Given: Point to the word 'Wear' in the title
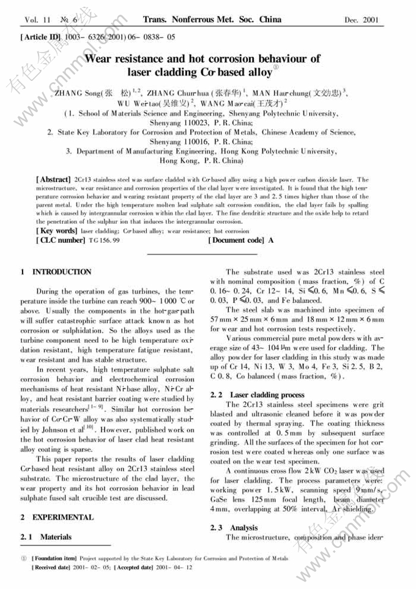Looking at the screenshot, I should click(x=102, y=59).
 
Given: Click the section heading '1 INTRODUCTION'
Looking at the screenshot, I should click(x=56, y=272).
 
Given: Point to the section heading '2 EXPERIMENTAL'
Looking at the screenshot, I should click(x=57, y=517).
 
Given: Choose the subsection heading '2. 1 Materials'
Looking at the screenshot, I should click(x=46, y=537).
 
